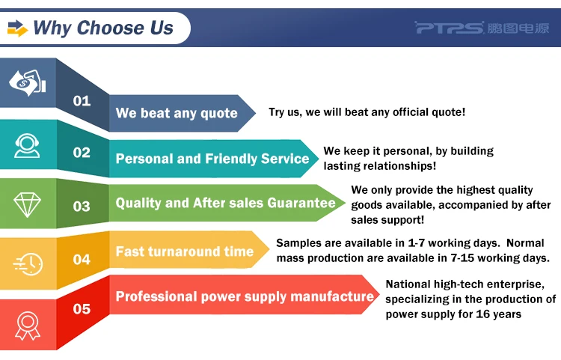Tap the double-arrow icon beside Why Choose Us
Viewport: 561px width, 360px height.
(x=17, y=28)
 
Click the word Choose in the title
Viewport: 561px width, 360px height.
(x=110, y=28)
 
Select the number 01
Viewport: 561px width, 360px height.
(x=82, y=101)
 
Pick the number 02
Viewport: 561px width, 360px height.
(x=82, y=153)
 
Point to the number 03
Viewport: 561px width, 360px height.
(x=82, y=206)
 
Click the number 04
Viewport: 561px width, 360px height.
(x=82, y=259)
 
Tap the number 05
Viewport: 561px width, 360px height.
(x=82, y=309)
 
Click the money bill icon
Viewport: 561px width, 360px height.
(x=27, y=83)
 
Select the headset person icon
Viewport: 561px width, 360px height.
(x=27, y=146)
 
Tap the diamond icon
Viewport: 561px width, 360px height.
(x=27, y=204)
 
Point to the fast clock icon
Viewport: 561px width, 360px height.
(x=28, y=264)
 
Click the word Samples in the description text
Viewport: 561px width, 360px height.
(x=299, y=243)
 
